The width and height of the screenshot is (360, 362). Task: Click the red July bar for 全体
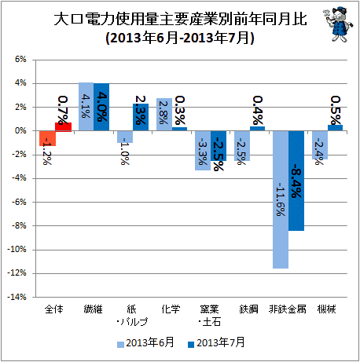63,126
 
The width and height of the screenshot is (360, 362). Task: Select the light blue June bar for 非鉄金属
281,199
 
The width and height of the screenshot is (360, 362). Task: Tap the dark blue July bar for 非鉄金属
296,181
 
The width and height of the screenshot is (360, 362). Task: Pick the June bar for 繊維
86,107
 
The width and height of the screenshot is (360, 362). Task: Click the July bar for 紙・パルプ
141,117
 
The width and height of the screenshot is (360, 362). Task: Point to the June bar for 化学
164,115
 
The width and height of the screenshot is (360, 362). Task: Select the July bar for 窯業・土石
219,146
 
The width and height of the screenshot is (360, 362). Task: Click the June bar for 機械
320,145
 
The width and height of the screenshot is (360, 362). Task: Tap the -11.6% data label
281,199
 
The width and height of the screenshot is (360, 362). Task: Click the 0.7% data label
63,110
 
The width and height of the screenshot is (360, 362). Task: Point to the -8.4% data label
296,181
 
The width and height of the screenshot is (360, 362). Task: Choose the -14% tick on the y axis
17,297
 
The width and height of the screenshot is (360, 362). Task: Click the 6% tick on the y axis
20,60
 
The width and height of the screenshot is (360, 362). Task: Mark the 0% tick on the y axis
20,130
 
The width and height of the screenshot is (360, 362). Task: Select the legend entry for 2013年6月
145,342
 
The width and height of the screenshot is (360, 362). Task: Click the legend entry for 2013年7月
216,342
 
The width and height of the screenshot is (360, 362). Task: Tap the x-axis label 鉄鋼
248,309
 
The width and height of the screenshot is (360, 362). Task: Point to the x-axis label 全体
54,309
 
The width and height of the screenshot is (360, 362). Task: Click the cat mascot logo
337,24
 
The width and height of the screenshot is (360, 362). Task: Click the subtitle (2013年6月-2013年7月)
180,38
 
